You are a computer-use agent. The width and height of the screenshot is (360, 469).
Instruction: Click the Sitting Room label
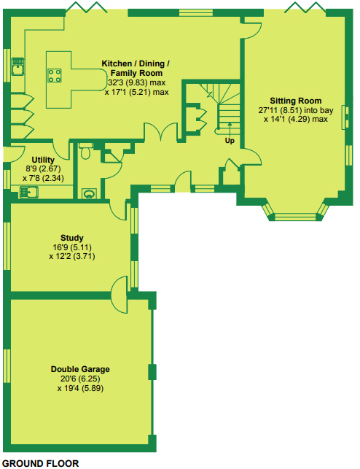click(x=295, y=101)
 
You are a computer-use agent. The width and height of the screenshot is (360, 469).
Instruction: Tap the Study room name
click(x=72, y=238)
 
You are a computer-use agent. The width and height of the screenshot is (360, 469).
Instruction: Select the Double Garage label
click(x=80, y=369)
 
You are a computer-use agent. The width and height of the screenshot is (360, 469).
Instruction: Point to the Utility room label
click(x=43, y=160)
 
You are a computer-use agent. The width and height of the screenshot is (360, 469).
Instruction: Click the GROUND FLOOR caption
click(x=41, y=463)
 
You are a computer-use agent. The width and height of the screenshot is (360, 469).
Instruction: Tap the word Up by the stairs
click(x=230, y=141)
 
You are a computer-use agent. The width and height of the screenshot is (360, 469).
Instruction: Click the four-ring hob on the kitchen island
click(x=55, y=75)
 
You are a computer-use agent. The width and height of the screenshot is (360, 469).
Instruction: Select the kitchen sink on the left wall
click(x=18, y=66)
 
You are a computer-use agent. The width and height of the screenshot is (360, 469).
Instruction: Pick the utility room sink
click(x=29, y=192)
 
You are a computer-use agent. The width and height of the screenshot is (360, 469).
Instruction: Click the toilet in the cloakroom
click(x=86, y=151)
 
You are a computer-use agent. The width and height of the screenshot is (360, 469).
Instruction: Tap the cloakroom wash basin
click(x=89, y=194)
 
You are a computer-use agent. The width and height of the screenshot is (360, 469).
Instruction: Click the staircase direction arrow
click(x=230, y=130)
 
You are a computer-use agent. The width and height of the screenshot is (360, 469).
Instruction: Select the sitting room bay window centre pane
click(x=295, y=217)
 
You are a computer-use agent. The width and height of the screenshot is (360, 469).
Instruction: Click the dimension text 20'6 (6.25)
click(x=80, y=379)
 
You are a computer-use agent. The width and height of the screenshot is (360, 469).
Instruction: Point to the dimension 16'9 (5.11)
click(x=72, y=247)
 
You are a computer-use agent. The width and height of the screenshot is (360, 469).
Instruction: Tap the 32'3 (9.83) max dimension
click(x=136, y=82)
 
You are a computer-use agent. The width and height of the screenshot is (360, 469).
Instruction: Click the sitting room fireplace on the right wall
click(x=345, y=117)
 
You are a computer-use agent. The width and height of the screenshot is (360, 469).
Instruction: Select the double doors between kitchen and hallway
click(x=161, y=131)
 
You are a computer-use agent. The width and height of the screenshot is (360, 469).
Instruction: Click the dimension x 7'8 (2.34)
click(x=43, y=178)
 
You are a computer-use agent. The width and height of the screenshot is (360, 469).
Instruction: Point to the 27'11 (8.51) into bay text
click(x=296, y=110)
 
